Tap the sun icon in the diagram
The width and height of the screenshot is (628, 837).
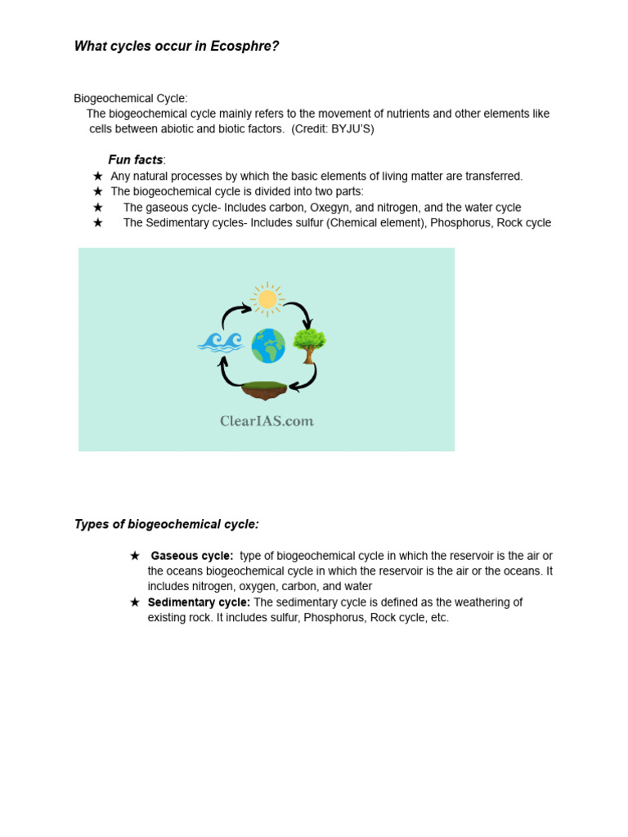click(x=267, y=299)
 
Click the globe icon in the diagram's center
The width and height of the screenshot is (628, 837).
click(x=268, y=346)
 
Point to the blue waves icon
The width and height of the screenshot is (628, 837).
click(x=221, y=342)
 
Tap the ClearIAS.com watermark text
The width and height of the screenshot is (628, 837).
click(x=267, y=422)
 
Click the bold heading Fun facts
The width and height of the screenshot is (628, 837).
click(x=136, y=160)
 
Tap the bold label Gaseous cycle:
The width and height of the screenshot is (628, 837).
click(x=192, y=556)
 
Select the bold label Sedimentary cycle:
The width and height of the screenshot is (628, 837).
click(x=199, y=602)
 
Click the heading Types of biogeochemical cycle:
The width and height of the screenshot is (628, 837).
click(x=167, y=525)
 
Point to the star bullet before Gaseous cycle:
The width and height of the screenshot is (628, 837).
click(x=135, y=556)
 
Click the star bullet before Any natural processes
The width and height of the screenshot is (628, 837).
click(x=98, y=177)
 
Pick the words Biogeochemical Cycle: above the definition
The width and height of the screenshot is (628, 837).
click(x=131, y=98)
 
